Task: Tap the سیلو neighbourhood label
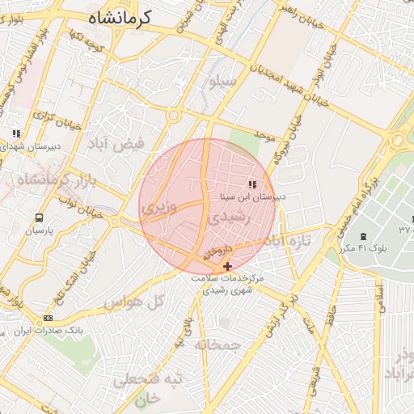pyautogui.click(x=223, y=82)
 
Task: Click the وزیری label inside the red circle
pyautogui.click(x=158, y=208)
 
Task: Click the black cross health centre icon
pyautogui.click(x=227, y=265)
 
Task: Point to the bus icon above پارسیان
pyautogui.click(x=39, y=218)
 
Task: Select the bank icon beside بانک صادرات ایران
pyautogui.click(x=49, y=318)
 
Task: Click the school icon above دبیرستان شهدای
pyautogui.click(x=15, y=133)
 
